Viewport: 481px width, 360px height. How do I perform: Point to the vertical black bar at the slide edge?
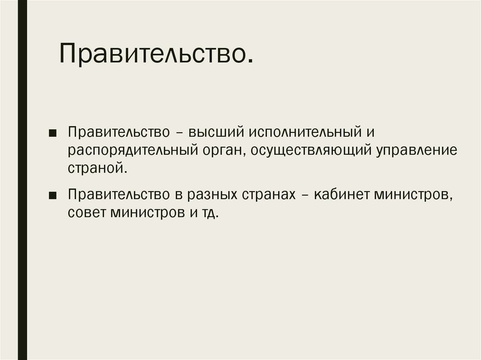click(x=23, y=180)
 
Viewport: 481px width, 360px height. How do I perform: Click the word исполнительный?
click(x=303, y=133)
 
